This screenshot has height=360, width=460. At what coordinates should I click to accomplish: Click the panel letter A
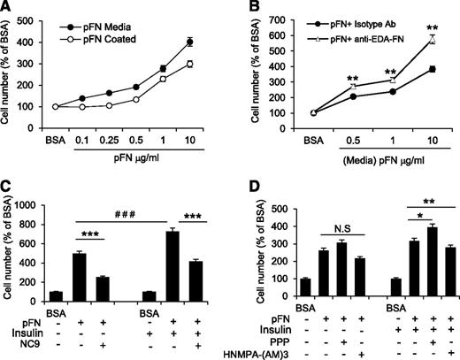click(x=7, y=8)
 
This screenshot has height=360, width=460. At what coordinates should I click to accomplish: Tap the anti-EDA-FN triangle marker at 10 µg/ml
click(x=433, y=39)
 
